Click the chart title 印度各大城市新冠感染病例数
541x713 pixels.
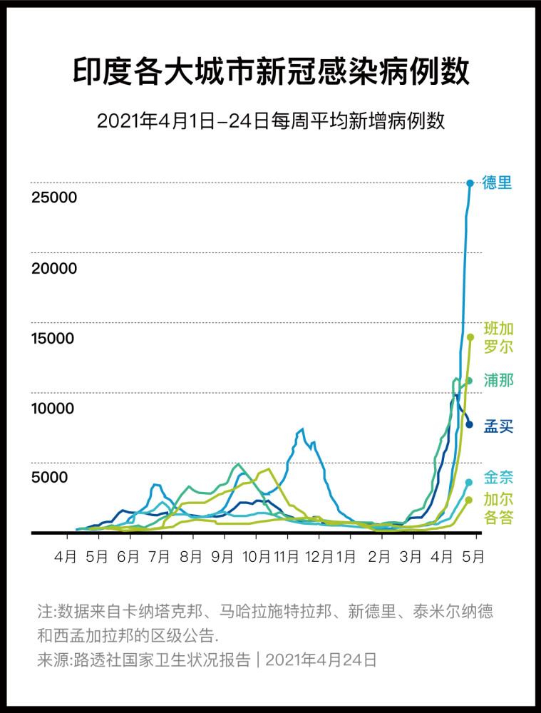coord(271,72)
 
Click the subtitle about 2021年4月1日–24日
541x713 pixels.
coord(271,120)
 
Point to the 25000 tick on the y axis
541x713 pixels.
coord(53,197)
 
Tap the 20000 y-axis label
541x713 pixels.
coord(53,268)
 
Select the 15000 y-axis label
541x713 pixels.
coord(53,338)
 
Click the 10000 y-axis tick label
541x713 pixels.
coord(53,409)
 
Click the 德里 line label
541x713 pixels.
coord(497,183)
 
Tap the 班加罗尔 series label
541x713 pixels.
coord(498,338)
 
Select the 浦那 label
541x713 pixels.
coord(498,380)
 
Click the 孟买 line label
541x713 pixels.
coord(498,426)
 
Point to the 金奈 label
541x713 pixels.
coord(498,477)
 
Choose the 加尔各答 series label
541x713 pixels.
coord(498,508)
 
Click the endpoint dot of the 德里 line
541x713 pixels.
coord(470,183)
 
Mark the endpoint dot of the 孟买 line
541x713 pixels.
coord(469,424)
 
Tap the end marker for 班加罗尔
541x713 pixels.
coord(470,337)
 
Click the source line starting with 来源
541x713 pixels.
coord(207,660)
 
